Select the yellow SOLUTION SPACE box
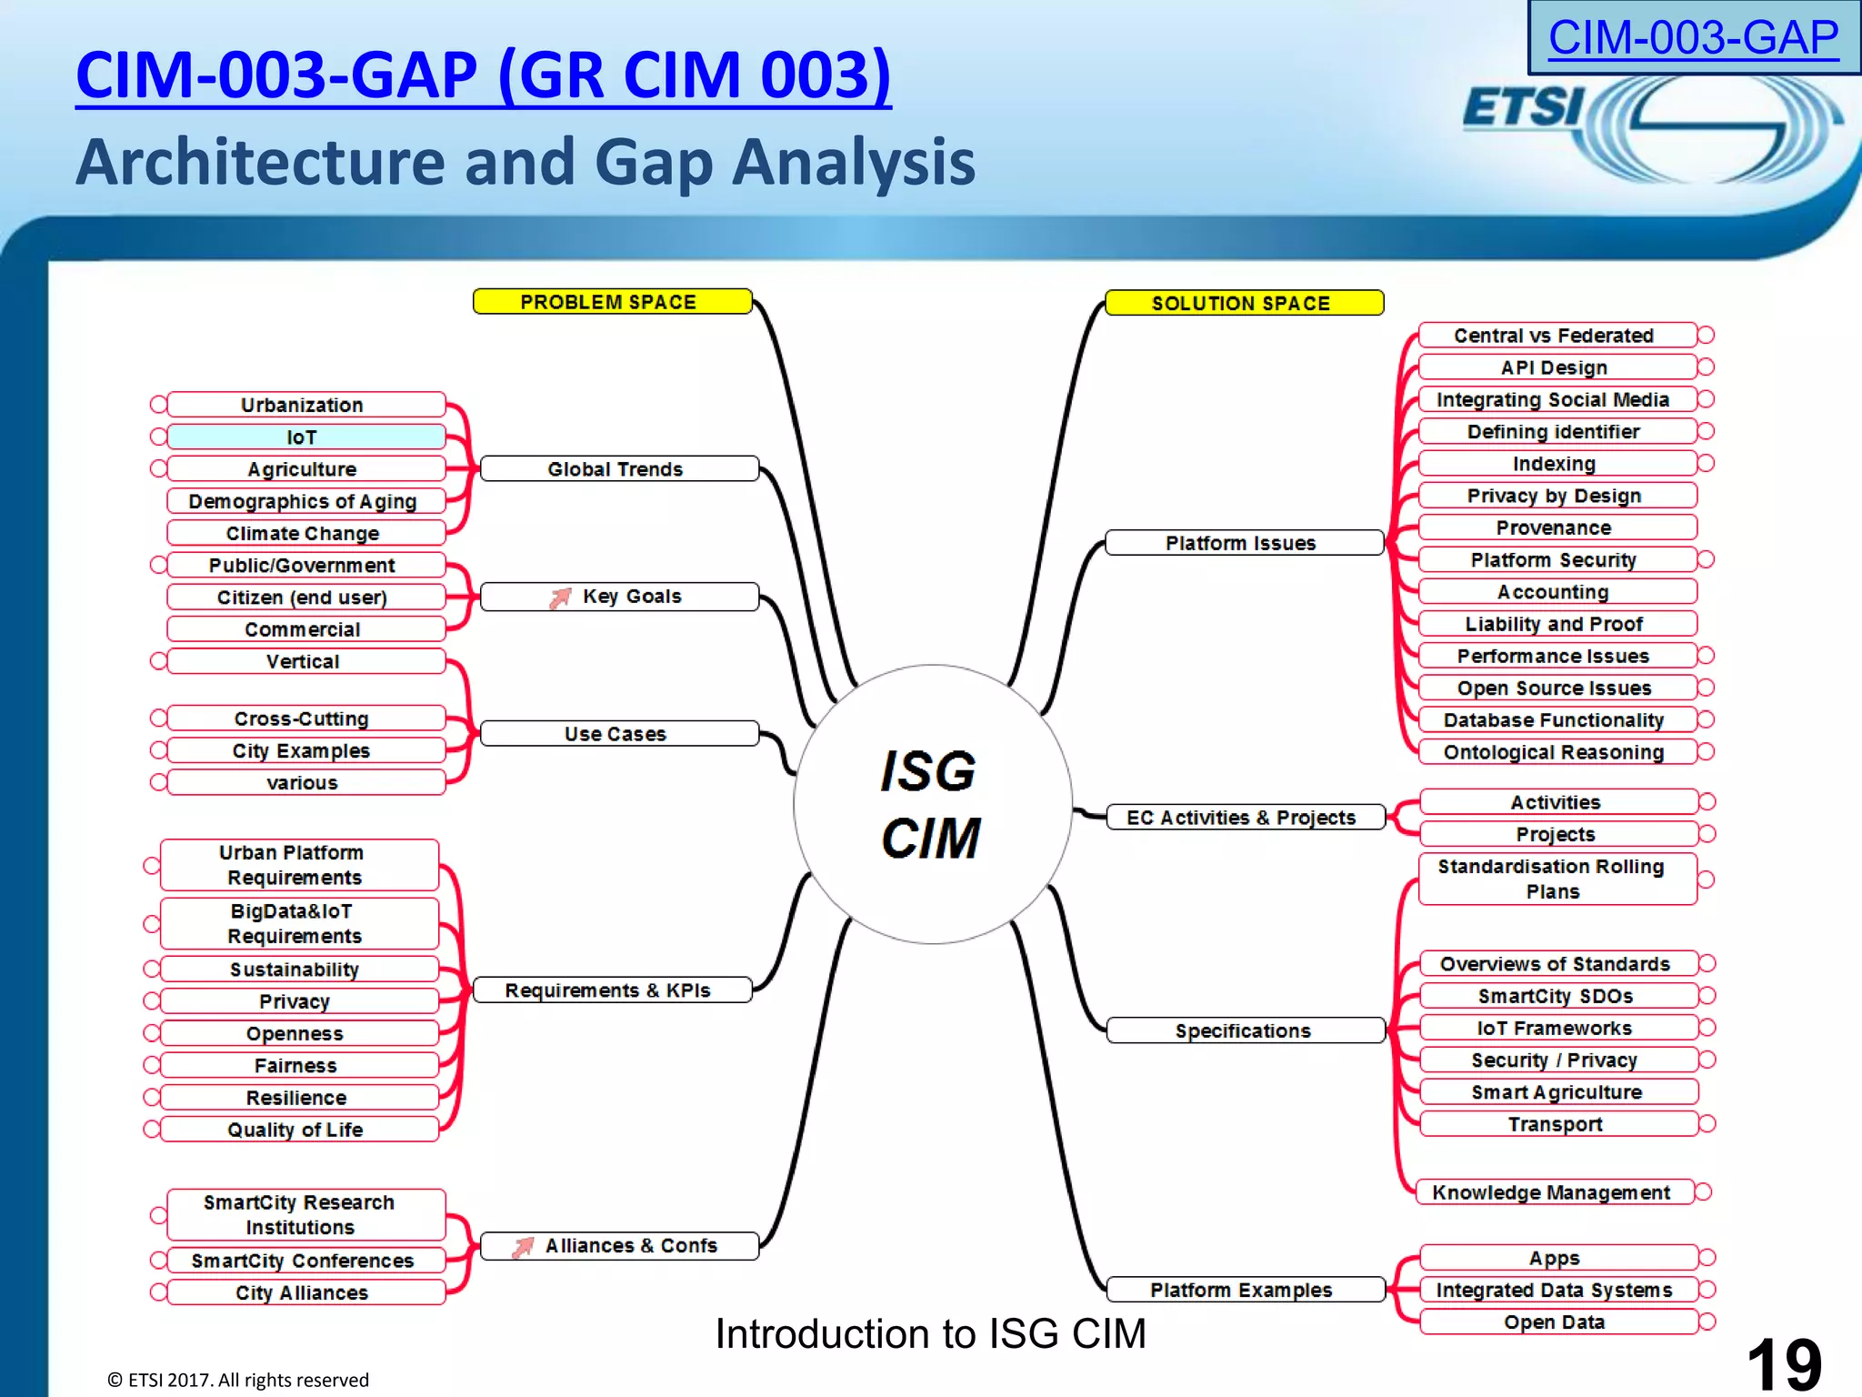[x=1243, y=303]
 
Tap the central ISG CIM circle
[x=932, y=804]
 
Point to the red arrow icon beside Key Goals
[x=560, y=598]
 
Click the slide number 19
[x=1784, y=1364]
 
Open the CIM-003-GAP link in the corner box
[x=1693, y=38]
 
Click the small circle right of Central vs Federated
[x=1707, y=336]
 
